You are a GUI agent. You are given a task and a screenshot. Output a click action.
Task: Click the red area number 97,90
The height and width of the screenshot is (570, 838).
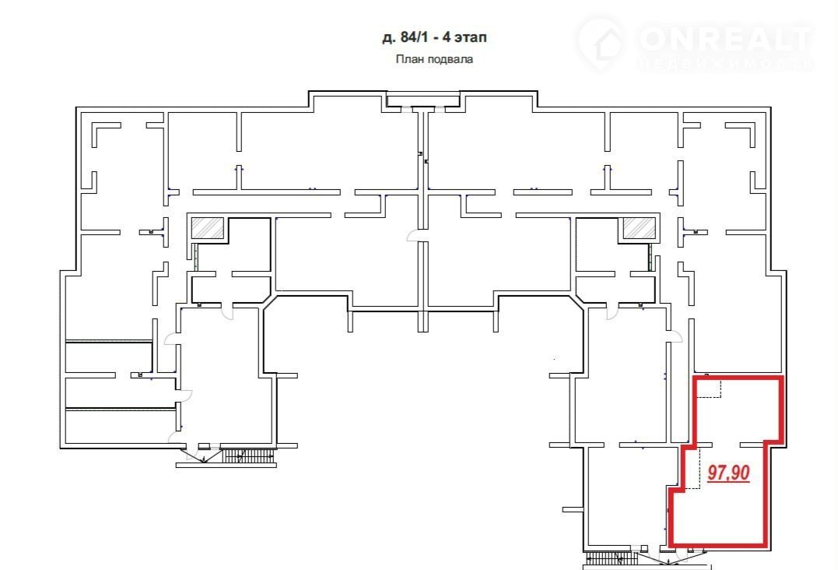point(728,473)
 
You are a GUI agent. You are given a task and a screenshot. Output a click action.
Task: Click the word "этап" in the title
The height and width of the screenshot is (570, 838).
point(470,38)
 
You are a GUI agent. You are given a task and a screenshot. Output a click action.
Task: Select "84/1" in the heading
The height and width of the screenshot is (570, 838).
point(413,37)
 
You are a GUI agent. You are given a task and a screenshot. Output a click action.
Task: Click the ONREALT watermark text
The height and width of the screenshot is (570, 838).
point(724,38)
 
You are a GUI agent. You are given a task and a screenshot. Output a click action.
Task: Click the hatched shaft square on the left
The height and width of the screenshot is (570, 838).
point(208,228)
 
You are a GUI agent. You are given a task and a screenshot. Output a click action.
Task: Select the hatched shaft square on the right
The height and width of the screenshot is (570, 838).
point(639,228)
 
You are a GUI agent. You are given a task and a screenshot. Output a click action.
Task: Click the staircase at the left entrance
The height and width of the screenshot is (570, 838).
point(248,456)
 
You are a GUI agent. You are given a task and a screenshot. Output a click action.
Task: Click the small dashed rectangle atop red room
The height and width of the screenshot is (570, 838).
point(710,389)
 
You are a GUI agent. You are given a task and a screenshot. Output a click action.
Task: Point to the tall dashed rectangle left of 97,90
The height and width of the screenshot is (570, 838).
point(692,467)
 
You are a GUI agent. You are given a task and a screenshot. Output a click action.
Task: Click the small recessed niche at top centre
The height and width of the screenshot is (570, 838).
point(423,100)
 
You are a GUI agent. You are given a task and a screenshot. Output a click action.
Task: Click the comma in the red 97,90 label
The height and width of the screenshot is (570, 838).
point(729,479)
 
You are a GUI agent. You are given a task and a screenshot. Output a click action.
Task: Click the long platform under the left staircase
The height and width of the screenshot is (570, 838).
point(226,465)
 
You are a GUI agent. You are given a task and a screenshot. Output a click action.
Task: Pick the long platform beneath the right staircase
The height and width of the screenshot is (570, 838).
point(647,567)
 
